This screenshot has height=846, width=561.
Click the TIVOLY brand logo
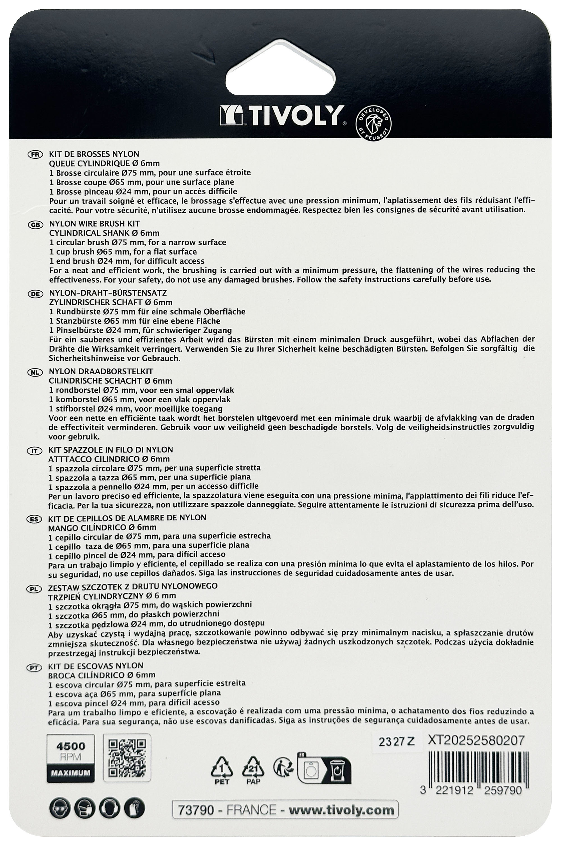coord(282,116)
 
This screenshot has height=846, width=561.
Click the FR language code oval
coord(35,155)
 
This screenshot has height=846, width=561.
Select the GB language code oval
coord(35,225)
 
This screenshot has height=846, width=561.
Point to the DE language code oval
coord(35,294)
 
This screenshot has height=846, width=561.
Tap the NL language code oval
coord(35,372)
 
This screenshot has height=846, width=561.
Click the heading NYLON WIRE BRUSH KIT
coord(95,224)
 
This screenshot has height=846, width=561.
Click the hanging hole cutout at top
coord(280,66)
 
